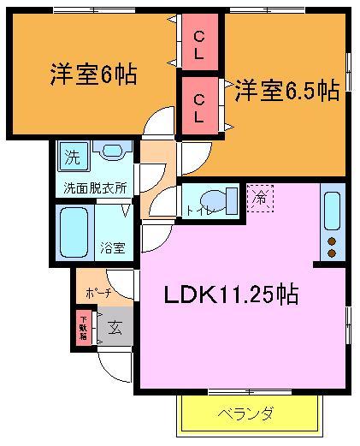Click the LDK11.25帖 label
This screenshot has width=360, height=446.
(x=231, y=295)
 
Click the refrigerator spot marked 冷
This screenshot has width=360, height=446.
(x=258, y=196)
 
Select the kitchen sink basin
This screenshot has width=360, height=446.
(x=331, y=210)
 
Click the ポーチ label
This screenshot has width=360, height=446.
(x=92, y=294)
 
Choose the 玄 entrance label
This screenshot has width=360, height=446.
(x=114, y=326)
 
